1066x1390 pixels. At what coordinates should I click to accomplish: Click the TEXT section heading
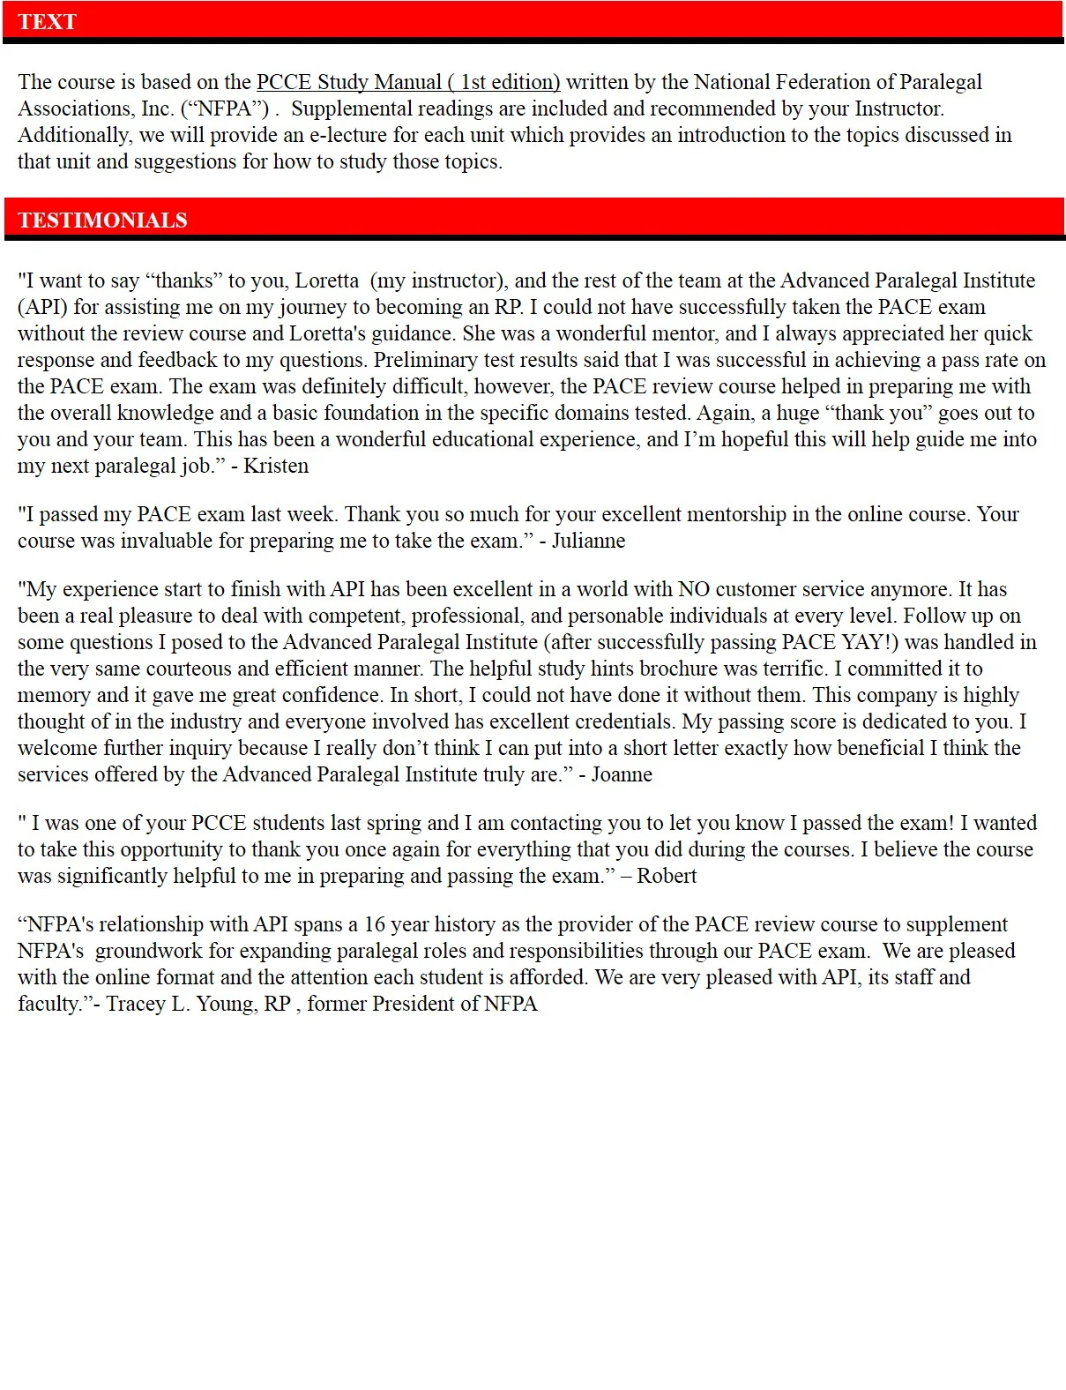tap(47, 22)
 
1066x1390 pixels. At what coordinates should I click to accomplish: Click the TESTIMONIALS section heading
tap(102, 220)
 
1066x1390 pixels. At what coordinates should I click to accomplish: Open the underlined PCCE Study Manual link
tap(408, 82)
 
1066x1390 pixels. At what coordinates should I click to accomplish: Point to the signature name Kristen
tap(276, 466)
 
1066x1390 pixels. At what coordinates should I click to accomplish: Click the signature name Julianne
tap(588, 541)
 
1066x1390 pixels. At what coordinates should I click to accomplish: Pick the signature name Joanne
tap(622, 774)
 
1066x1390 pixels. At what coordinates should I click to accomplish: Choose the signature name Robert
tap(667, 876)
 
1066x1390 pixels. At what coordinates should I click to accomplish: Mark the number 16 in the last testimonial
tap(375, 924)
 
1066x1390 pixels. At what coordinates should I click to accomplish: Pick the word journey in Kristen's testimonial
tap(310, 307)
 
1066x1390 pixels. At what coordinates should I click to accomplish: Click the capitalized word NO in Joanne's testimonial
tap(694, 589)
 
